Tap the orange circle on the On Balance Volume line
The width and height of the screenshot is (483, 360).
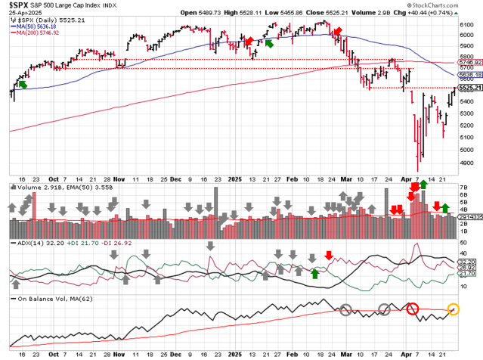454,309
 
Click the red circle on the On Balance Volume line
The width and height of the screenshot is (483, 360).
412,309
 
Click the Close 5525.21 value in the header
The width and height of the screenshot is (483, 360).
336,13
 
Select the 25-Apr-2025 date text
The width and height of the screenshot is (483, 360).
21,13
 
